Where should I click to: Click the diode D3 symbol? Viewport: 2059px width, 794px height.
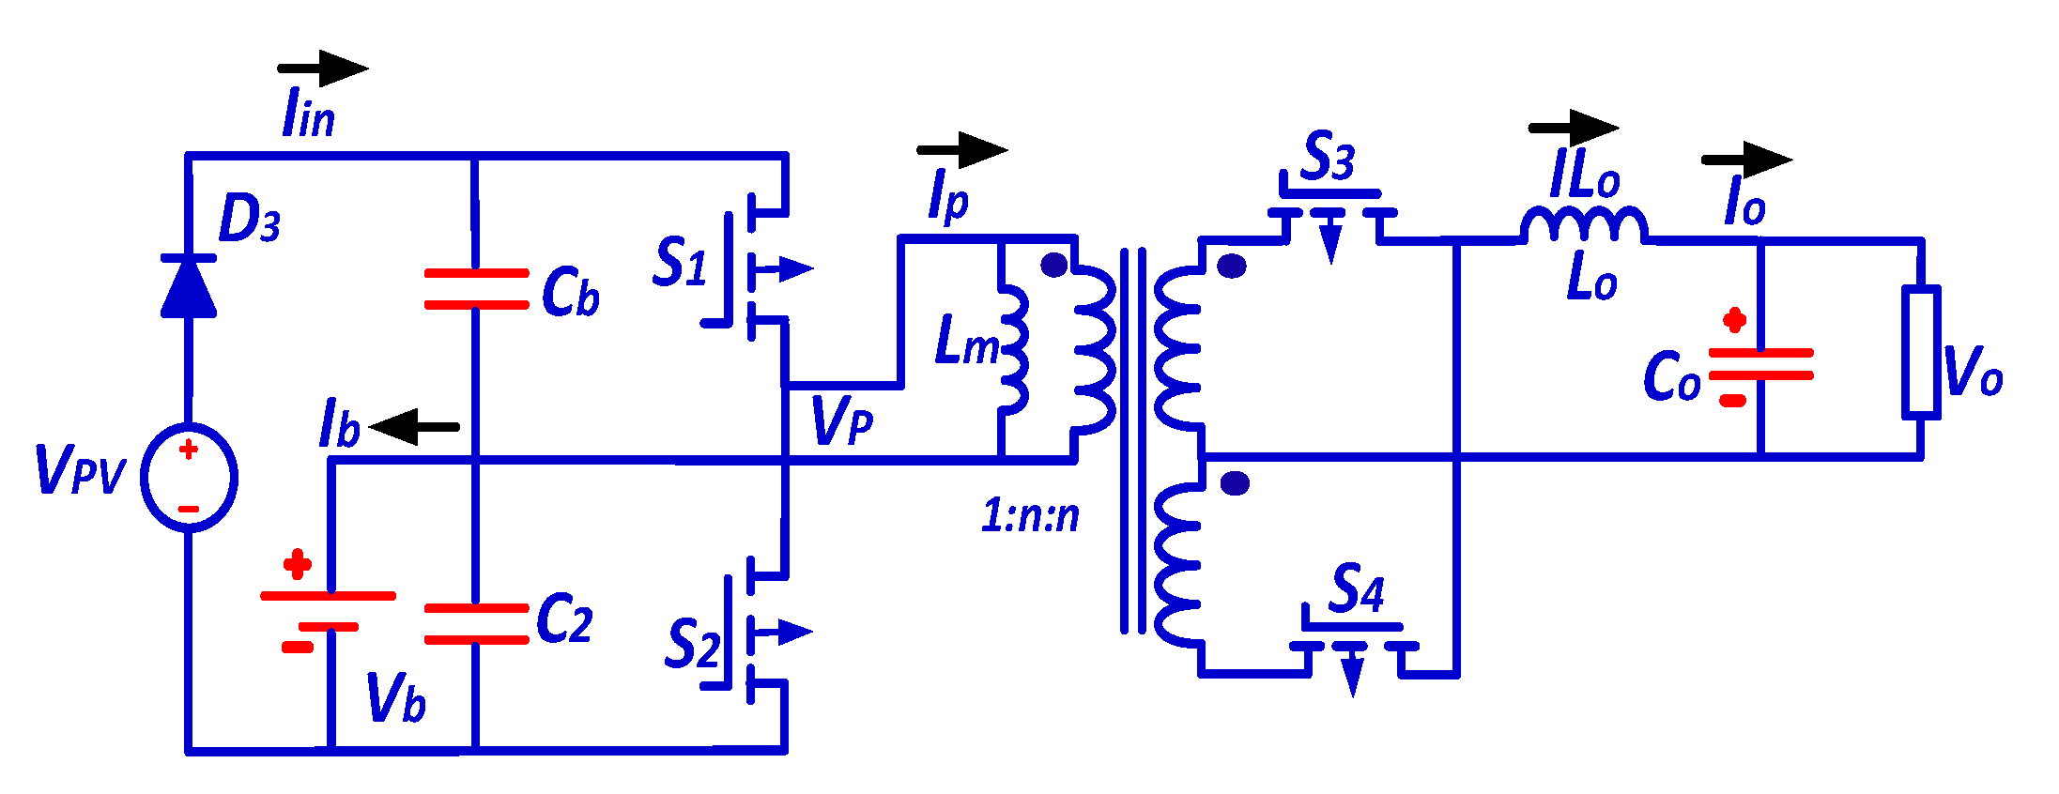(x=189, y=285)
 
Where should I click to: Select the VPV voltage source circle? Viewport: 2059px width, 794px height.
(x=189, y=478)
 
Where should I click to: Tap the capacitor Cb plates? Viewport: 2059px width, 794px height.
(x=476, y=288)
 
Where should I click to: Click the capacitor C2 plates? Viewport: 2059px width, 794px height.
(x=476, y=624)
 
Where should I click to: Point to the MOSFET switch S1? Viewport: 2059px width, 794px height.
(x=751, y=268)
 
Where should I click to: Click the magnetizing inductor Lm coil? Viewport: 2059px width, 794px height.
(x=1014, y=347)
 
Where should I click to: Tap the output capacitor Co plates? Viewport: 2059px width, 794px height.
(x=1760, y=364)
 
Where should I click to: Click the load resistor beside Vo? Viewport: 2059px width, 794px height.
(x=1921, y=352)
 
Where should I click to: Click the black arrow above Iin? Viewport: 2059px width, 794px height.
(x=322, y=69)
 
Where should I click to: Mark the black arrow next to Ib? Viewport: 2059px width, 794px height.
(x=414, y=427)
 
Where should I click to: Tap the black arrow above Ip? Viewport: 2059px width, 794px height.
(x=961, y=149)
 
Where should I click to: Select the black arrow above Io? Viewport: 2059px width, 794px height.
(x=1746, y=160)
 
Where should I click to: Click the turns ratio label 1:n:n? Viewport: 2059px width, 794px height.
(x=1030, y=515)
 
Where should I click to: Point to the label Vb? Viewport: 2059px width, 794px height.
(x=395, y=697)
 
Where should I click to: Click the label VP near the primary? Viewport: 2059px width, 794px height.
(x=841, y=420)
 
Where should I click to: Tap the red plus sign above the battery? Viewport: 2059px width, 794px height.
(x=298, y=565)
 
